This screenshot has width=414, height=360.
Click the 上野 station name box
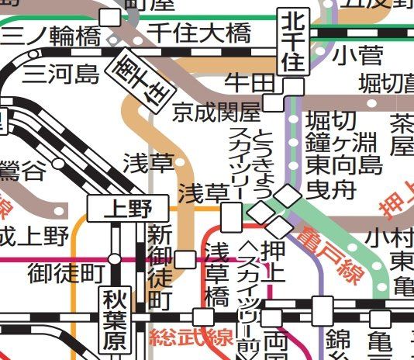[127, 208]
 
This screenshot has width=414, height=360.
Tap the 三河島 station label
[61, 74]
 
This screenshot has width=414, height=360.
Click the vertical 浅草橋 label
[218, 274]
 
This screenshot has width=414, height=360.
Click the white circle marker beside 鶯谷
[59, 164]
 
